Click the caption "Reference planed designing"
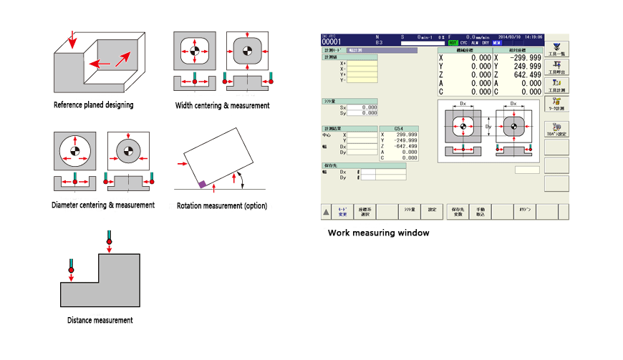pyautogui.click(x=93, y=105)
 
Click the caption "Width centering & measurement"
pyautogui.click(x=223, y=106)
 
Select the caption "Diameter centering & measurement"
pyautogui.click(x=103, y=205)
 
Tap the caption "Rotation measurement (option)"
pyautogui.click(x=221, y=206)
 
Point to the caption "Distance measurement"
pyautogui.click(x=100, y=321)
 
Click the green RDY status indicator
pyautogui.click(x=453, y=43)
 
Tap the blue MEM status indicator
pyautogui.click(x=497, y=43)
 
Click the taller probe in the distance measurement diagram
pyautogui.click(x=109, y=238)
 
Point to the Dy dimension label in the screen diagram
pyautogui.click(x=488, y=127)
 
